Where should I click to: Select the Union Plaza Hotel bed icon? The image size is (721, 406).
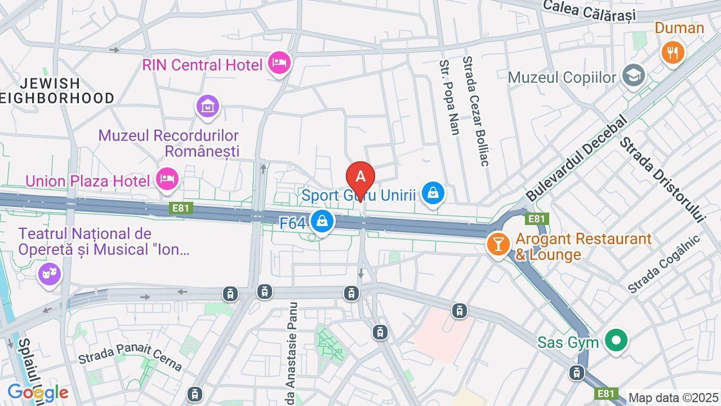click(167, 179)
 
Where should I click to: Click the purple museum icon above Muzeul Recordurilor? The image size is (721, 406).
click(208, 105)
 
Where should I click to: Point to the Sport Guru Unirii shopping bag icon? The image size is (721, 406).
click(433, 193)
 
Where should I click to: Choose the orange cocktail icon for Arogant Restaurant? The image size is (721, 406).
click(499, 244)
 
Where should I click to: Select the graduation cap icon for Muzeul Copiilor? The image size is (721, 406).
click(634, 76)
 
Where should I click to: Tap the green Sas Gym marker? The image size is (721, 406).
click(616, 341)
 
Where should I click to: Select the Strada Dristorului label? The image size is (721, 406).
click(662, 179)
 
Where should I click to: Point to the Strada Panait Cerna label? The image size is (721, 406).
click(130, 356)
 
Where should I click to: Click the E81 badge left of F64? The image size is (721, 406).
click(181, 208)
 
